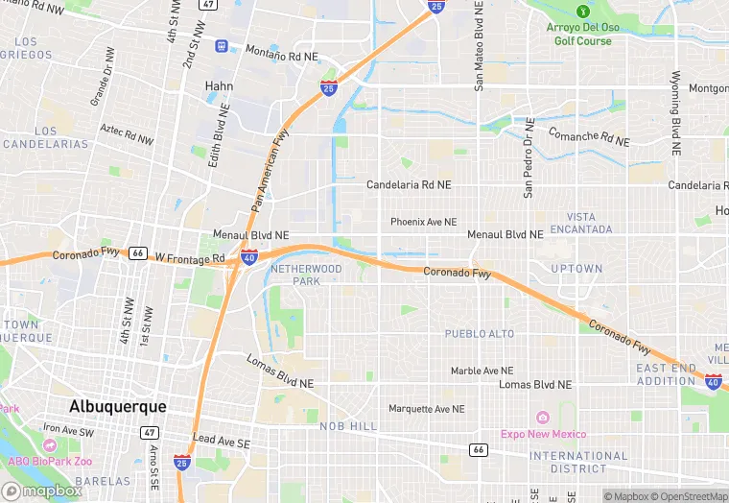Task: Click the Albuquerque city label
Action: point(117,406)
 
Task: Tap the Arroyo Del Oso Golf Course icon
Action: point(581,12)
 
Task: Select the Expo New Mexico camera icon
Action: point(542,417)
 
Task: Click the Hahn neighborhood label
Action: point(219,86)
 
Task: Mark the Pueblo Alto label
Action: point(479,334)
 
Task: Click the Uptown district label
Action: point(576,269)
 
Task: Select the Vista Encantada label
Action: point(588,224)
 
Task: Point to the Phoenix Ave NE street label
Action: point(424,222)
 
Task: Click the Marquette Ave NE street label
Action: point(426,409)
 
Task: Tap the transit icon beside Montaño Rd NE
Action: point(222,45)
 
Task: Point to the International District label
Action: point(578,462)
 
